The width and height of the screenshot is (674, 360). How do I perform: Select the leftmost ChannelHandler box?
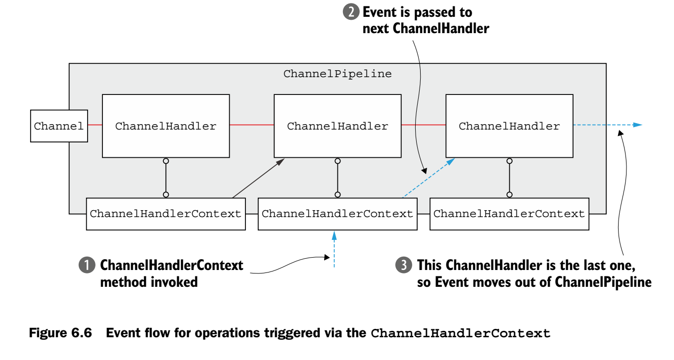pyautogui.click(x=166, y=126)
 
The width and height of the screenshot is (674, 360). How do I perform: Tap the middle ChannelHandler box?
pyautogui.click(x=337, y=126)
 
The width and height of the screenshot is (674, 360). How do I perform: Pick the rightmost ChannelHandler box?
pyautogui.click(x=509, y=126)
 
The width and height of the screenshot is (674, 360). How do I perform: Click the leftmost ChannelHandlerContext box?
pyautogui.click(x=166, y=214)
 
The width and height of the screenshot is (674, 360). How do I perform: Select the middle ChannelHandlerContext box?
pyautogui.click(x=337, y=214)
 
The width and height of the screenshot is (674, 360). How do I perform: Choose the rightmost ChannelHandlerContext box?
pyautogui.click(x=509, y=214)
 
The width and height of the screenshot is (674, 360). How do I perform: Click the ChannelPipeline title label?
pyautogui.click(x=337, y=74)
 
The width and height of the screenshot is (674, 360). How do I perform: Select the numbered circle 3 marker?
pyautogui.click(x=403, y=266)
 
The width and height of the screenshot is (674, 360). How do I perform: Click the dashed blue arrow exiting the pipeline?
pyautogui.click(x=608, y=125)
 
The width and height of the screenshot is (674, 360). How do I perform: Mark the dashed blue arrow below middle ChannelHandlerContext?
pyautogui.click(x=335, y=250)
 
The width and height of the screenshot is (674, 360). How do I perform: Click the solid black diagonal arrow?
pyautogui.click(x=257, y=179)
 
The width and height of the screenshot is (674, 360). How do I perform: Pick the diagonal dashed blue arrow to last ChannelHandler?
pyautogui.click(x=429, y=179)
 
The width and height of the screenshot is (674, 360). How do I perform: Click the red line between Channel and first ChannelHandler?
pyautogui.click(x=95, y=125)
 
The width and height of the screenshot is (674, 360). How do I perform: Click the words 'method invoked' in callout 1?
pyautogui.click(x=149, y=282)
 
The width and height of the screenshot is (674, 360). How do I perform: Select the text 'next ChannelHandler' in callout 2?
pyautogui.click(x=426, y=29)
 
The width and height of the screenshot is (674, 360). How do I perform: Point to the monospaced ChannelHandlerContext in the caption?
pyautogui.click(x=460, y=333)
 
